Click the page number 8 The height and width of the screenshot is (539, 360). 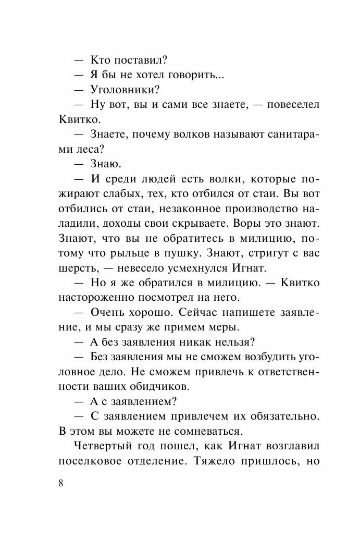(61, 483)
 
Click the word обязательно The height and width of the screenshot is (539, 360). (280, 418)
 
